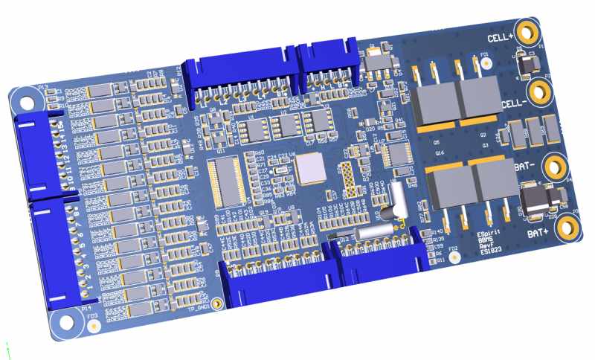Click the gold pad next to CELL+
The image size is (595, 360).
pos(529,33)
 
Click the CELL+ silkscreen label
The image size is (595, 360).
pos(500,37)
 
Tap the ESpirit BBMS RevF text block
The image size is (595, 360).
pos(491,242)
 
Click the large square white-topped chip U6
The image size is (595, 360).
pos(312,169)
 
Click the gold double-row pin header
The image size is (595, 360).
pos(347,179)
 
